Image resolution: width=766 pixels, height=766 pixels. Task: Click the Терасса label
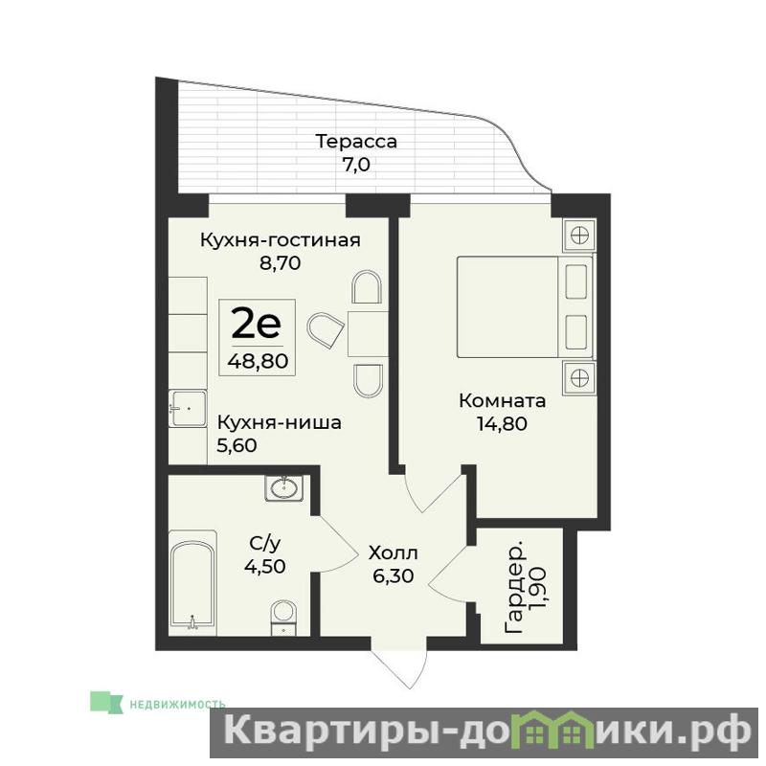(x=356, y=141)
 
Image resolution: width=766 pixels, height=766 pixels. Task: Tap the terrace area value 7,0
(x=355, y=165)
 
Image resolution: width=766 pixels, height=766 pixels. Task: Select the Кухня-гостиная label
(x=281, y=240)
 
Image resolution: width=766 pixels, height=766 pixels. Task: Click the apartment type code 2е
(x=257, y=325)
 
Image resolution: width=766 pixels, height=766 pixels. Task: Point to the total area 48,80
(x=258, y=361)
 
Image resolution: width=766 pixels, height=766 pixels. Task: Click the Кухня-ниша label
(x=279, y=422)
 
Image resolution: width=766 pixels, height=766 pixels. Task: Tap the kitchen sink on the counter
(x=188, y=408)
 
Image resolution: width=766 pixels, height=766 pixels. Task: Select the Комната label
(x=502, y=401)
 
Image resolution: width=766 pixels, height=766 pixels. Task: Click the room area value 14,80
(x=502, y=423)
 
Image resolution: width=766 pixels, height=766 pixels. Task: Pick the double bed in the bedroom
(x=525, y=306)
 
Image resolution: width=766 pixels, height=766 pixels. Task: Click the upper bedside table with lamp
(x=579, y=236)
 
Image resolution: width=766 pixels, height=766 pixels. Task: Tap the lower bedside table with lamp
(x=579, y=377)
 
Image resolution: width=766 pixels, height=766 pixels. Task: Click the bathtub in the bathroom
(x=192, y=584)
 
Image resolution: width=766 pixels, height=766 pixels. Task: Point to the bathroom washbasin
(x=283, y=487)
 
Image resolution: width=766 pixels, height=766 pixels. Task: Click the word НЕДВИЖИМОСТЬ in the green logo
(x=177, y=705)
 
